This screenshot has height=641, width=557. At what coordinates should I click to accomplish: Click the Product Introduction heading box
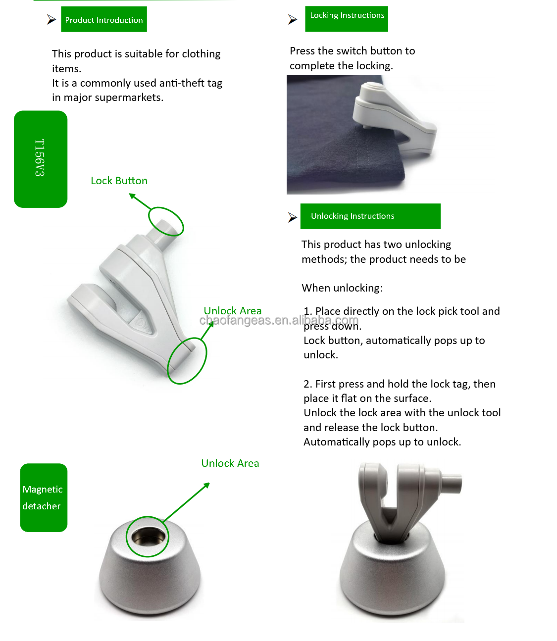tap(103, 19)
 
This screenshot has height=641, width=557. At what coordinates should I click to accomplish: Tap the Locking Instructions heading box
tap(346, 19)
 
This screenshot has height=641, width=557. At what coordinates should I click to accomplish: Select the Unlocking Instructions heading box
tap(370, 216)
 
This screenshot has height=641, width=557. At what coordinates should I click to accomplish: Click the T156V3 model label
tap(41, 159)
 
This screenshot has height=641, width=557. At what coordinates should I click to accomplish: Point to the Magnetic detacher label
tap(44, 497)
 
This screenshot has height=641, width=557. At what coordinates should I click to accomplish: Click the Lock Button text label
tap(119, 181)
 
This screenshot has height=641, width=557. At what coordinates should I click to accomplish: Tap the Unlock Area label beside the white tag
tap(232, 311)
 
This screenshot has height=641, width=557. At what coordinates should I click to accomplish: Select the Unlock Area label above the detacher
tap(230, 463)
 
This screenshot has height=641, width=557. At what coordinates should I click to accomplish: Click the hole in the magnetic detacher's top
tap(148, 537)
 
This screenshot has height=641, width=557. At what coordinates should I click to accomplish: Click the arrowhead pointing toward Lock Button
tap(132, 196)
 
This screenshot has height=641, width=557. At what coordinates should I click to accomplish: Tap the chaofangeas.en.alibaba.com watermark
tap(279, 320)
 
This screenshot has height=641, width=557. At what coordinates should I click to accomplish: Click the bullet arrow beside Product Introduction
tap(51, 19)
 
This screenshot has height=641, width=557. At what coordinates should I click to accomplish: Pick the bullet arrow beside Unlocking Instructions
tap(292, 217)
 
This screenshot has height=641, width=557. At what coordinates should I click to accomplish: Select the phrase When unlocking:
tap(342, 288)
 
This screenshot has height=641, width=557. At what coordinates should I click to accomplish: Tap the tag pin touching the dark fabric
tap(365, 126)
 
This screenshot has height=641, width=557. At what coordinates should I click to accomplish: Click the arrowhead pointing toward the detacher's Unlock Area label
tap(206, 485)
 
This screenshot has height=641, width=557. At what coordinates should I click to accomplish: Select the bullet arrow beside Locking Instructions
tap(292, 19)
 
